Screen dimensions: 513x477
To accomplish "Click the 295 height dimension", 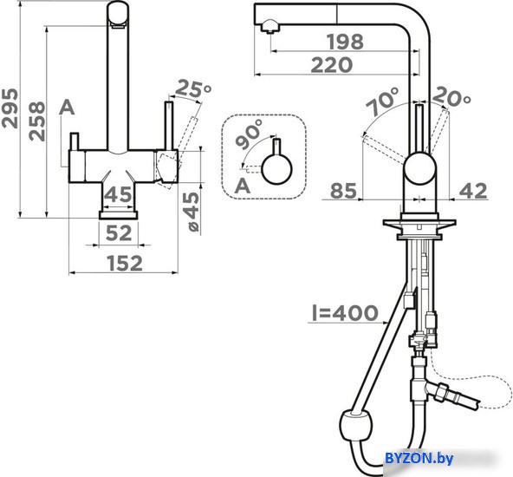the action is (10, 108).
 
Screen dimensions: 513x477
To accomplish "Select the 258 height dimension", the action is (36, 121).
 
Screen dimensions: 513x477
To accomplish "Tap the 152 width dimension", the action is (126, 264).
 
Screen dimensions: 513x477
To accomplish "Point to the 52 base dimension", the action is (119, 232).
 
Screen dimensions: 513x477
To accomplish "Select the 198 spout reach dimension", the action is (346, 42).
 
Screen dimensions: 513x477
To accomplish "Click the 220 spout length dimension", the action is (332, 65).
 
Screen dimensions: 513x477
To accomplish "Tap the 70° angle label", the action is (383, 101).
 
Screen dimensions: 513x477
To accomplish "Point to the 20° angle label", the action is (451, 96).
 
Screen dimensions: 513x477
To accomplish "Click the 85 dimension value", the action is (343, 191).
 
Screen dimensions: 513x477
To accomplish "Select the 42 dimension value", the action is (473, 191).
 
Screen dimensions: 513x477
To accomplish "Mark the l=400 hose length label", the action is (345, 313).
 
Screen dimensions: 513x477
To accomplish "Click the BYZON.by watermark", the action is (419, 458).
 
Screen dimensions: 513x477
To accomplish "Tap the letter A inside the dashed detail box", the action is (243, 186).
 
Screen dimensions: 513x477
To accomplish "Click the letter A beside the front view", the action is (67, 108).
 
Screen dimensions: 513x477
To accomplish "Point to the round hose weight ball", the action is (355, 427).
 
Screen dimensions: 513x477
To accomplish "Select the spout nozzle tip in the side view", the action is (269, 27).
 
